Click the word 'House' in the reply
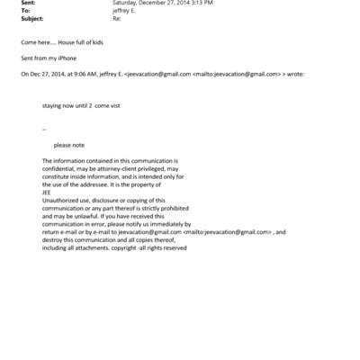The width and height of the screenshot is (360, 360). point(70,41)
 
